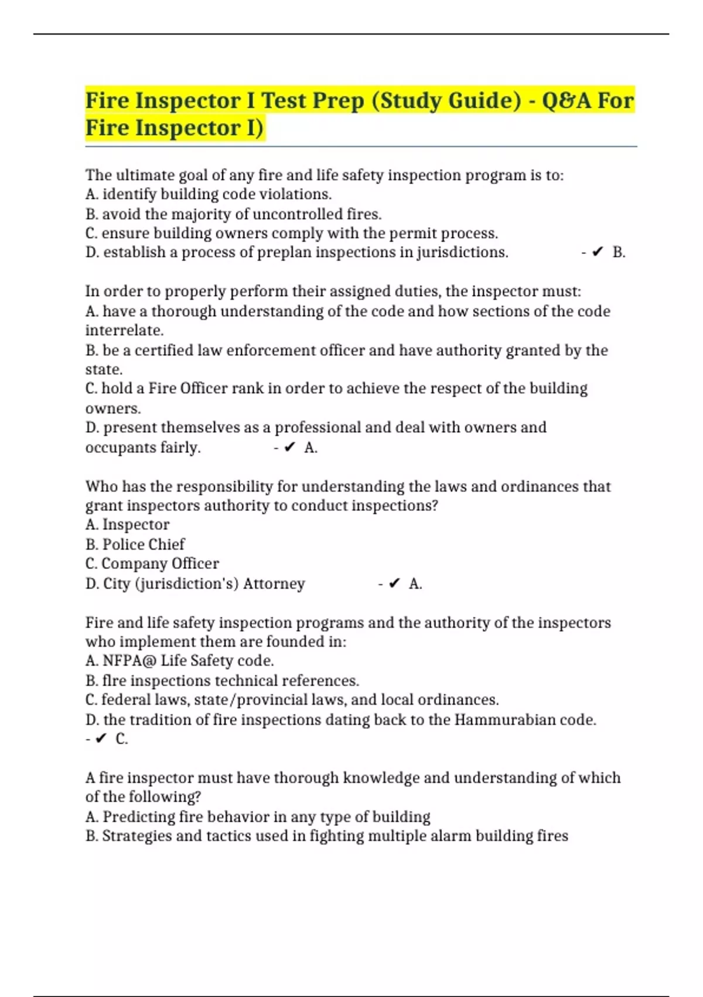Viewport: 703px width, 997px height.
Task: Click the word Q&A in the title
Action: [x=566, y=101]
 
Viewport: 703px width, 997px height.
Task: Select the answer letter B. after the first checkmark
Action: [x=619, y=253]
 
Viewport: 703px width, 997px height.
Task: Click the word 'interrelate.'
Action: [x=124, y=330]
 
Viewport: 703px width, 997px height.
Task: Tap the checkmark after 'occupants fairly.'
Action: [x=289, y=447]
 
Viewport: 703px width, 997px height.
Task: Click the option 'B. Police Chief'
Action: [x=135, y=544]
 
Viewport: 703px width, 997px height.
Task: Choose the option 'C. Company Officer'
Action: [x=152, y=564]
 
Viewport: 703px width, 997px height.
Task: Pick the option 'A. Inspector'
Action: [x=127, y=525]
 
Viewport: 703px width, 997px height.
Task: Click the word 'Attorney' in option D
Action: [x=274, y=584]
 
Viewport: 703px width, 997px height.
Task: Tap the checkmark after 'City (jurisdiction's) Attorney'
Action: [x=394, y=584]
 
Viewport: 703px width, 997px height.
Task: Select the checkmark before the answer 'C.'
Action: [x=100, y=739]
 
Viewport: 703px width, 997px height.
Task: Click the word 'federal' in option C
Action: [x=125, y=700]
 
